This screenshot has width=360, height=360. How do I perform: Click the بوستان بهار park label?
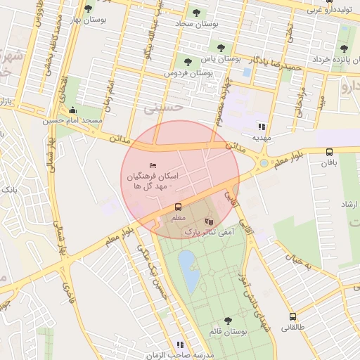point(88,21)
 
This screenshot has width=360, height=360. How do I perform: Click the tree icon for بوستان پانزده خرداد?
point(343,49)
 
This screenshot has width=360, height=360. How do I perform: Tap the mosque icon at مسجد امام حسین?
point(73,110)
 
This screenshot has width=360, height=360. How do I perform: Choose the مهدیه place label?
point(262,139)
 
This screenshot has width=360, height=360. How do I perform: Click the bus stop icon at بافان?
point(329,152)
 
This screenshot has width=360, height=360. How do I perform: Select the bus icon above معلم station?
point(177,207)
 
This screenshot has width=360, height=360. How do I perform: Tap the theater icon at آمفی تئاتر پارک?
point(207,221)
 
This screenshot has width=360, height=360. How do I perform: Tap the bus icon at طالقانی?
point(292,316)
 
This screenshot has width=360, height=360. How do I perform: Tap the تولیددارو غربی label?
point(332,11)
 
